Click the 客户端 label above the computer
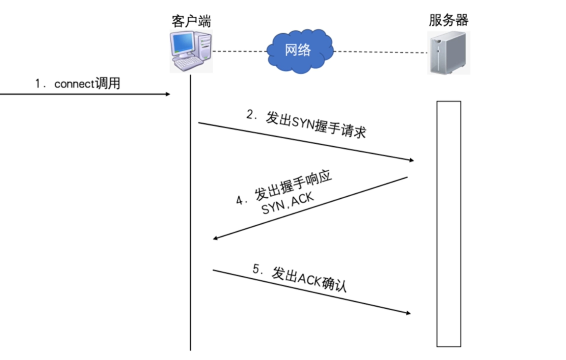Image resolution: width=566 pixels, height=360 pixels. pyautogui.click(x=189, y=20)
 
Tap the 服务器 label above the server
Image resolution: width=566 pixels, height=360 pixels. pyautogui.click(x=449, y=20)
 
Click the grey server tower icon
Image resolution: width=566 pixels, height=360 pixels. pyautogui.click(x=449, y=53)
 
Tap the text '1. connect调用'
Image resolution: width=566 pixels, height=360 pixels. pyautogui.click(x=77, y=84)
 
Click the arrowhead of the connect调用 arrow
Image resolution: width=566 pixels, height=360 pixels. pyautogui.click(x=168, y=94)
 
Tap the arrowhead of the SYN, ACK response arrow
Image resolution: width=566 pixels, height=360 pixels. pyautogui.click(x=215, y=238)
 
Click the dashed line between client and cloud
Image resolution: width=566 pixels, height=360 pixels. pyautogui.click(x=239, y=51)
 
